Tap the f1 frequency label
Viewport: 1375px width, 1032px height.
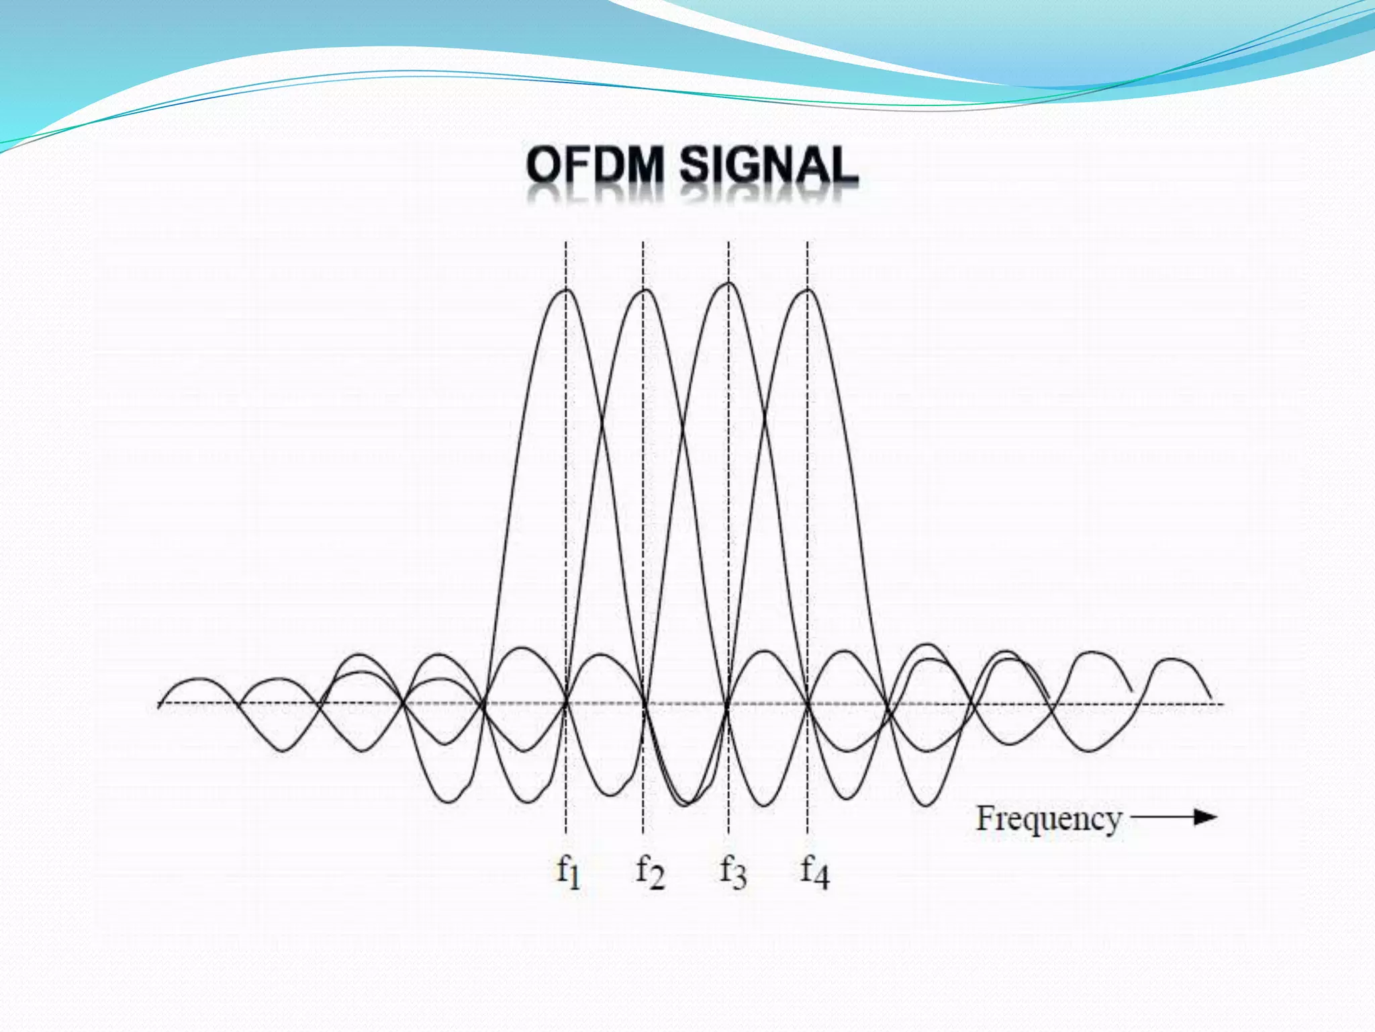pyautogui.click(x=568, y=872)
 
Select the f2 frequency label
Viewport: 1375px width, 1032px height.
pyautogui.click(x=650, y=872)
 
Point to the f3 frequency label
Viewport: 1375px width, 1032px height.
pyautogui.click(x=732, y=872)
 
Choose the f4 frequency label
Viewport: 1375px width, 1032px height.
pyautogui.click(x=814, y=872)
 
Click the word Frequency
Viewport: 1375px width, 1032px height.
pyautogui.click(x=1048, y=820)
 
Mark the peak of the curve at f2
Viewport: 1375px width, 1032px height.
pyautogui.click(x=644, y=290)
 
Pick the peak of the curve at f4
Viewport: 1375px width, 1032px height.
pyautogui.click(x=808, y=290)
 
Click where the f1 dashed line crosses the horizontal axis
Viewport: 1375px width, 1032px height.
pyautogui.click(x=566, y=703)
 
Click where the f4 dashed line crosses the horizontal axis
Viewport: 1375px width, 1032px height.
pyautogui.click(x=808, y=703)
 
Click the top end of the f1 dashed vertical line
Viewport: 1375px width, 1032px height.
pyautogui.click(x=566, y=243)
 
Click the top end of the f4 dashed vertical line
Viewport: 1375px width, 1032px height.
pyautogui.click(x=808, y=243)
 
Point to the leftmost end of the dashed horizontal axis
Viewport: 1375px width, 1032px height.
pyautogui.click(x=159, y=703)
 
